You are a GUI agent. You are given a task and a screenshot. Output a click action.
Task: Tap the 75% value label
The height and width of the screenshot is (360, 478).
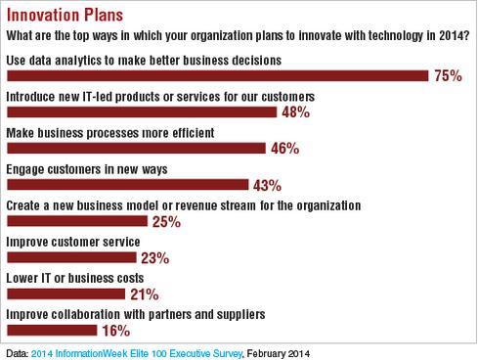(x=447, y=76)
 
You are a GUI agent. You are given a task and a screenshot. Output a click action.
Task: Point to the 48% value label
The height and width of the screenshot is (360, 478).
(x=294, y=112)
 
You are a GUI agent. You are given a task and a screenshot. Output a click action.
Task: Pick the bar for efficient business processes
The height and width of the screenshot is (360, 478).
(x=136, y=149)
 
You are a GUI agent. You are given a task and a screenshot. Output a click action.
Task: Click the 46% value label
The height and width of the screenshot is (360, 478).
(x=283, y=149)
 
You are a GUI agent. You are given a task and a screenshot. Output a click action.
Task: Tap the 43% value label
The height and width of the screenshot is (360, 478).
(x=267, y=185)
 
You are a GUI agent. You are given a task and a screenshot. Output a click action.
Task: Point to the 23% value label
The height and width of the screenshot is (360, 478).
(x=154, y=258)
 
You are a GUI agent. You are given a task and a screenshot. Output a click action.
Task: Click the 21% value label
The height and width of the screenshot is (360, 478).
(x=145, y=294)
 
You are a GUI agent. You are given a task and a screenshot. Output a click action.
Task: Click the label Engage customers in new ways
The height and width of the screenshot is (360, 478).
(x=86, y=168)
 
